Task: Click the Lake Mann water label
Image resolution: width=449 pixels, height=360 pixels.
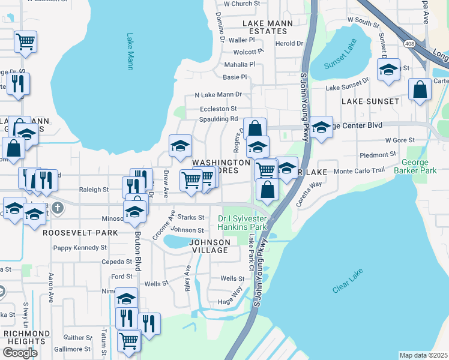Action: coord(130,52)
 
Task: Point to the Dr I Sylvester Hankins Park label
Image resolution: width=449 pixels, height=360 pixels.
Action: coord(242,223)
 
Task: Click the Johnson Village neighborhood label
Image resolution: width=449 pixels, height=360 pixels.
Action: coord(210,246)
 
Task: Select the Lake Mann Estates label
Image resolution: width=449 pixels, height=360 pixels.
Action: coord(267,27)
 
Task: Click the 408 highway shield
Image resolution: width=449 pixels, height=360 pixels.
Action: coord(409,44)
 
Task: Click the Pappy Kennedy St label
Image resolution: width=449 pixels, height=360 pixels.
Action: coord(79,247)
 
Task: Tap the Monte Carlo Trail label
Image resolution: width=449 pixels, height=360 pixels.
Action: coord(358,171)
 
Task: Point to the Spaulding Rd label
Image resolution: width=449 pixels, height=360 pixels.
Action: coord(219,119)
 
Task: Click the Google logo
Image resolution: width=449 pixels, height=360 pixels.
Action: coord(20,352)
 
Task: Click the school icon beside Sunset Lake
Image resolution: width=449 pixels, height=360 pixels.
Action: coord(388,70)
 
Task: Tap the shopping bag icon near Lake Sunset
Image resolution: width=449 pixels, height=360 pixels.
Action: coord(420,89)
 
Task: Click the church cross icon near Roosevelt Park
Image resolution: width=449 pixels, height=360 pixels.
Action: coord(57,208)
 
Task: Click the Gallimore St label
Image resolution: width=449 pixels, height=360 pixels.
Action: coord(71,349)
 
